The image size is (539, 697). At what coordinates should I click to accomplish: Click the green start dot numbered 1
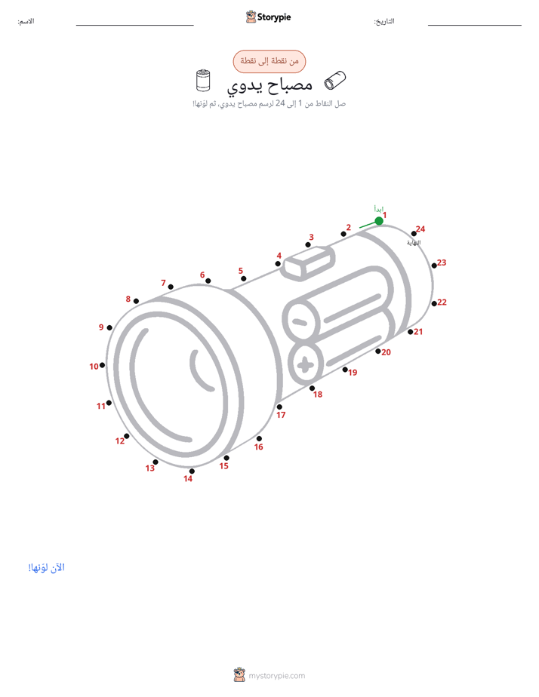click(379, 221)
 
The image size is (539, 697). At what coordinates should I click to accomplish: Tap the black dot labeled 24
click(414, 234)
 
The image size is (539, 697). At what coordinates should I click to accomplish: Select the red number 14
click(188, 479)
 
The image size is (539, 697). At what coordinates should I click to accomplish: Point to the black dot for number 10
click(102, 365)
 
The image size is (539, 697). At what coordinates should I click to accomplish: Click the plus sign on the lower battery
click(305, 365)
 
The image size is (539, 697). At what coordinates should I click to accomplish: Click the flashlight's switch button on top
click(310, 263)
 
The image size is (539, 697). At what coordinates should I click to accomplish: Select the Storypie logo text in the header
click(274, 17)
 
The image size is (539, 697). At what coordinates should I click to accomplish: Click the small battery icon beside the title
click(203, 81)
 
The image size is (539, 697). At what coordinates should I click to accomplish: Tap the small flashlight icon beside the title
click(335, 80)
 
